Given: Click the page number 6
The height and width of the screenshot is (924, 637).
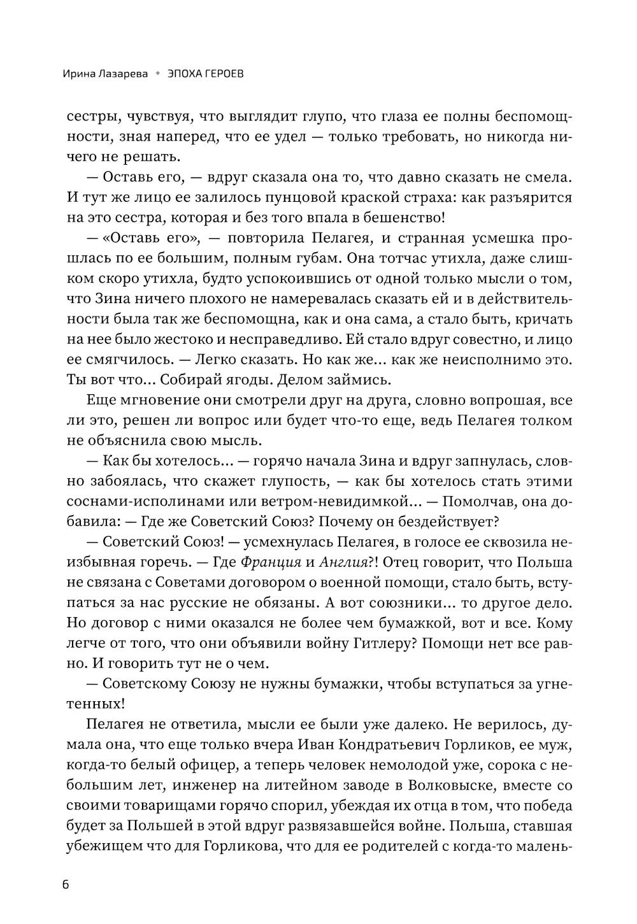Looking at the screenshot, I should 66,886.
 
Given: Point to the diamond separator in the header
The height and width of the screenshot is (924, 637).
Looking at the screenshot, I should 157,74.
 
